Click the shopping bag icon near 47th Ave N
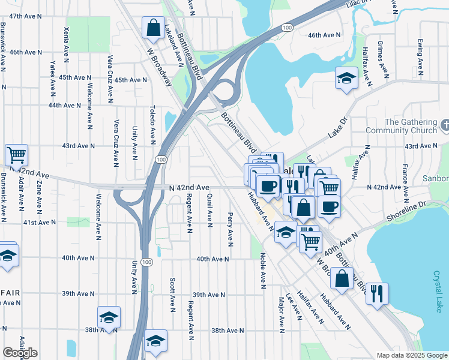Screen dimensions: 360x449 pyautogui.click(x=152, y=28)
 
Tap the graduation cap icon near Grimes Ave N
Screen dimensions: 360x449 pyautogui.click(x=346, y=78)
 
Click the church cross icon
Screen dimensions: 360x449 pyautogui.click(x=445, y=126)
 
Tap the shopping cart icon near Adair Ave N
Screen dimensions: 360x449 pyautogui.click(x=16, y=155)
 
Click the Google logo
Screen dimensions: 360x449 pyautogui.click(x=20, y=353)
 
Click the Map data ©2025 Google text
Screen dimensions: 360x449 pyautogui.click(x=412, y=355)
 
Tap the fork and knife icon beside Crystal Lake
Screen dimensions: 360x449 pyautogui.click(x=376, y=293)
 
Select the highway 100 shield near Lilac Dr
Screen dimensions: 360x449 pyautogui.click(x=288, y=28)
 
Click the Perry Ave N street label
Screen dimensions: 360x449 pyautogui.click(x=230, y=229)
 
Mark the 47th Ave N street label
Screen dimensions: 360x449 pyautogui.click(x=24, y=16)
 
